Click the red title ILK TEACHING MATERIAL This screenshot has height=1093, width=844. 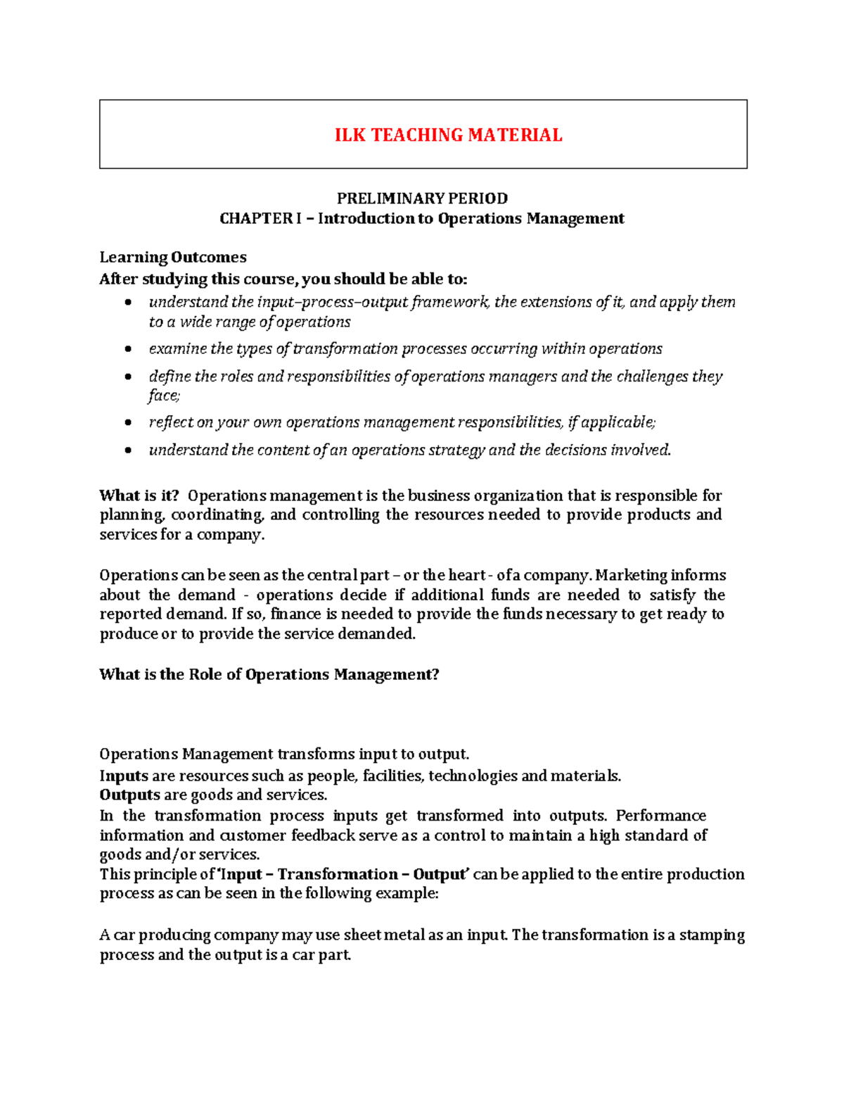tap(448, 135)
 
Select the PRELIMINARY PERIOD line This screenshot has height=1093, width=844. tap(422, 198)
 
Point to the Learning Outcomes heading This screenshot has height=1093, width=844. tap(173, 257)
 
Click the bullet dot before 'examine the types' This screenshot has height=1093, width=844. tap(127, 349)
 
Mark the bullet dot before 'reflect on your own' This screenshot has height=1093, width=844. tap(127, 423)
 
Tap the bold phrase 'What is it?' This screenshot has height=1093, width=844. tap(139, 495)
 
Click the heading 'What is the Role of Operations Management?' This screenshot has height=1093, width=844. tap(269, 674)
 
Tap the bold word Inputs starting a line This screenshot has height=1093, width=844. tap(124, 776)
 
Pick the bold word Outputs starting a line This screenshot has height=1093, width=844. tap(130, 795)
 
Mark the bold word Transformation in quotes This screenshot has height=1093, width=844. tap(338, 874)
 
